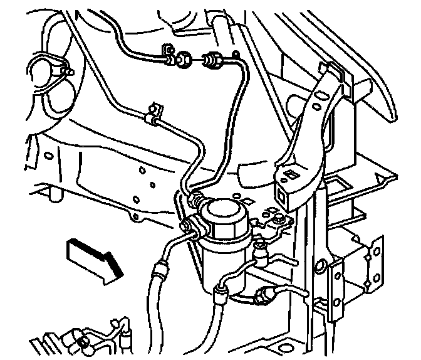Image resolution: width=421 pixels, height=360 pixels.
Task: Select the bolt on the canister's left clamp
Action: (186, 225)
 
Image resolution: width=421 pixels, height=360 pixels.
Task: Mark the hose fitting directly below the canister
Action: (221, 290)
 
